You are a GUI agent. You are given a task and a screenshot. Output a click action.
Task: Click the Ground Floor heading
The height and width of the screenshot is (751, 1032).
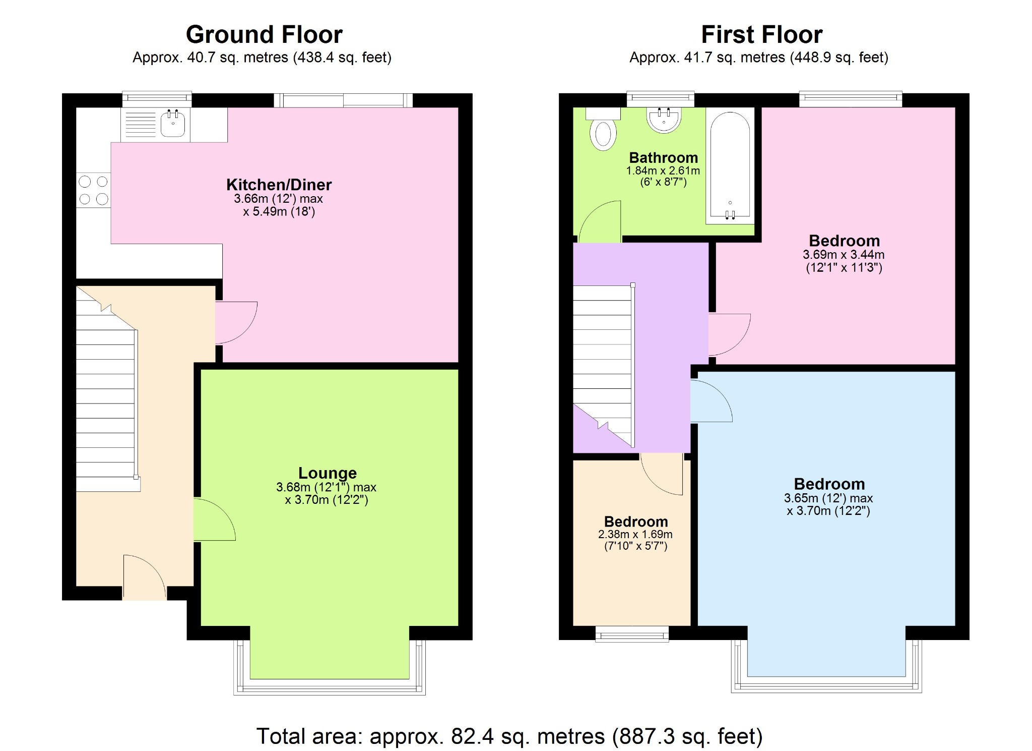coord(264,35)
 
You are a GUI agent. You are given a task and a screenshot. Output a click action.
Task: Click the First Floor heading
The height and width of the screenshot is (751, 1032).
coord(761,35)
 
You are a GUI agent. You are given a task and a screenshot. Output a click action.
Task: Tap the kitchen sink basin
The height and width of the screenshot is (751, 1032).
coord(173,123)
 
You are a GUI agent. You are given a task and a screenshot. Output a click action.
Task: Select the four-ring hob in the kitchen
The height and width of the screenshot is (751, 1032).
coord(93,190)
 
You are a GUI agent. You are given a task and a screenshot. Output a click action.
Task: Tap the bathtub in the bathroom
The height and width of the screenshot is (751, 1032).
coord(730,166)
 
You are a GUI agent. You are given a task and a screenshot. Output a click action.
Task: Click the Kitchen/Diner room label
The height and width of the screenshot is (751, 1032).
coord(279,185)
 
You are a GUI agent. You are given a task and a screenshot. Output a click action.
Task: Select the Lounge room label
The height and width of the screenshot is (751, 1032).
coord(328,473)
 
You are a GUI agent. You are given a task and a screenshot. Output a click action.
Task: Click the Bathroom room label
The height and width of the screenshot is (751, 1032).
coord(663,158)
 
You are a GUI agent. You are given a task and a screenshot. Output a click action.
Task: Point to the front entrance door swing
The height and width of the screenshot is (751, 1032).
coord(145,577)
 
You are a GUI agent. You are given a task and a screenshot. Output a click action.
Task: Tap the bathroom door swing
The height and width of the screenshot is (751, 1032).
coord(600,221)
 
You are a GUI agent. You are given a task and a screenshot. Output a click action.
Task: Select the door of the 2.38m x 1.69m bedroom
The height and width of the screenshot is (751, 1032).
coord(662,474)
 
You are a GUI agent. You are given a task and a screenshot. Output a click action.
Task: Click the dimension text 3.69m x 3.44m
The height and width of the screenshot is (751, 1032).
coord(844,255)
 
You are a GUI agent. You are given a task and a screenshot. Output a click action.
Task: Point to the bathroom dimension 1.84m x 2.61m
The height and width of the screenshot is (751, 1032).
coord(663,171)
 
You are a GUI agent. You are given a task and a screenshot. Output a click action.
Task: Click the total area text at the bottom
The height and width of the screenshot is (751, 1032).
coord(509,736)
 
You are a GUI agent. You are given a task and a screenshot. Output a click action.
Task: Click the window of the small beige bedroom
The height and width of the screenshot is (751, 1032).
coord(632,634)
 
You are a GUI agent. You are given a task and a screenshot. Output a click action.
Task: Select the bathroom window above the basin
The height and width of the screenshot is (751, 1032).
coord(660,99)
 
